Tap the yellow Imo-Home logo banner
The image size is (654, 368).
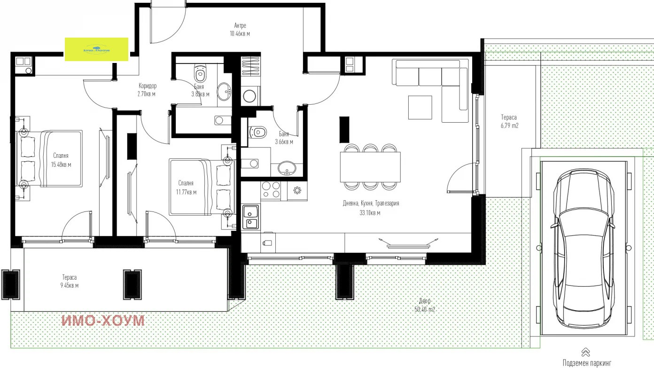[96, 49]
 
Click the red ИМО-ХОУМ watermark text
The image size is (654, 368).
[103, 321]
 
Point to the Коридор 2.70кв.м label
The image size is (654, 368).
[147, 90]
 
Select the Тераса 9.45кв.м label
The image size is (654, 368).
[69, 281]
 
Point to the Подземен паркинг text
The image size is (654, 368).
[587, 363]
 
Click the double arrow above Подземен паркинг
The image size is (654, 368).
[585, 352]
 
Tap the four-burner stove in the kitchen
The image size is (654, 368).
[270, 189]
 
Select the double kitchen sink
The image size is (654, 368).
[250, 217]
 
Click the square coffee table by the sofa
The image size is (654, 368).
[420, 107]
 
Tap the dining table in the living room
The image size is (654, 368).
[370, 167]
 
